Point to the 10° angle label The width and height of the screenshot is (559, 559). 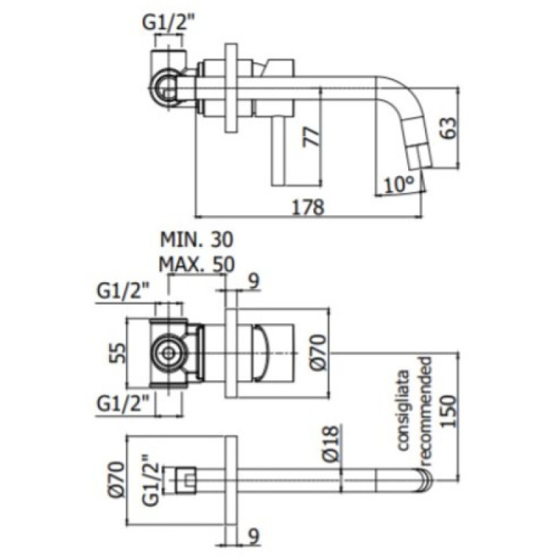pyautogui.click(x=398, y=184)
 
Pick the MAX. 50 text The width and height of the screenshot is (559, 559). pyautogui.click(x=195, y=263)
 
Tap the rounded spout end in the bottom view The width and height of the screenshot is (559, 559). pyautogui.click(x=427, y=481)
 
